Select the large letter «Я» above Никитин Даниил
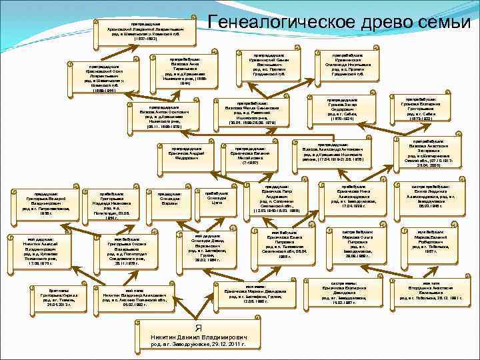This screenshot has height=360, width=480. (x=197, y=328)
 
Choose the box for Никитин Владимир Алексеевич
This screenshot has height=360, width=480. (x=135, y=296)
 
